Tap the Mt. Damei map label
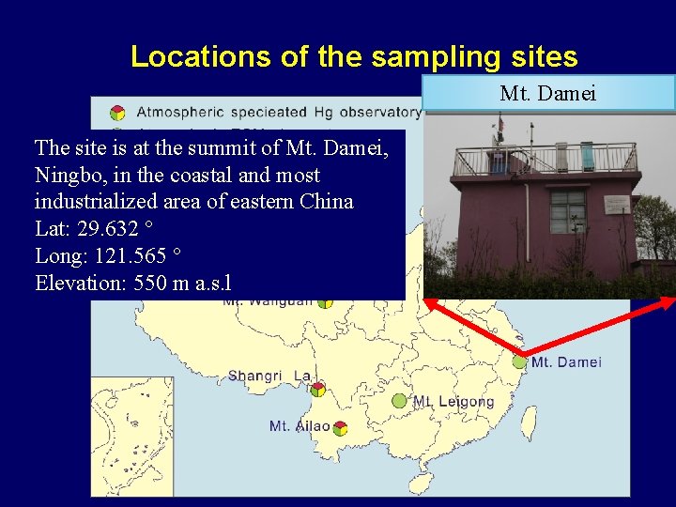(x=566, y=362)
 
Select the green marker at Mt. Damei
(x=519, y=361)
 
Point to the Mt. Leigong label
(x=453, y=401)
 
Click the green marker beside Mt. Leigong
(x=399, y=401)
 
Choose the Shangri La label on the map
(x=269, y=376)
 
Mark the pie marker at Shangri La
(x=318, y=389)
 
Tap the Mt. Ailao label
(x=300, y=426)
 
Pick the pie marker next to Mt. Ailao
(x=340, y=428)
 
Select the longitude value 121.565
(x=131, y=256)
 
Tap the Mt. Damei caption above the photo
(x=548, y=93)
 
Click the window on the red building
(x=567, y=212)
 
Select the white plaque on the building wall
(x=617, y=205)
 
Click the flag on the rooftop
(x=500, y=125)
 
